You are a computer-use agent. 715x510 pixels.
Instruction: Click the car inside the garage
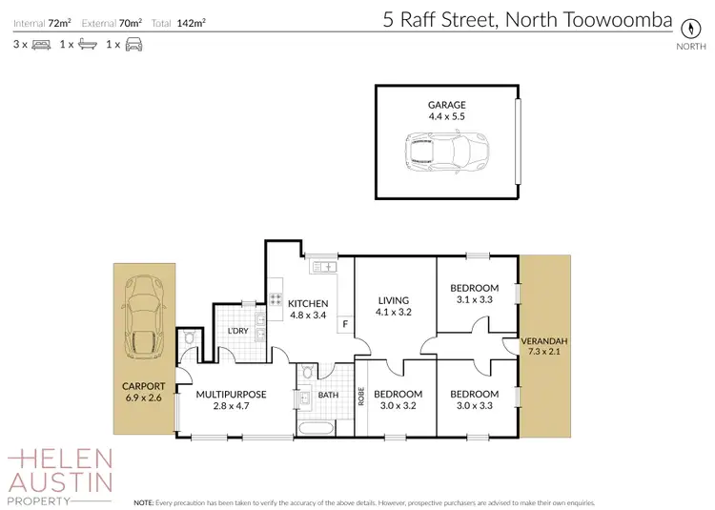[447, 151]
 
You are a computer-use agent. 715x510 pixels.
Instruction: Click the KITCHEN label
[309, 303]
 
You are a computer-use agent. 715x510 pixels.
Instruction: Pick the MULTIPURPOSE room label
[231, 394]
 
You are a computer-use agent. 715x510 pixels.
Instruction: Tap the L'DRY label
[237, 331]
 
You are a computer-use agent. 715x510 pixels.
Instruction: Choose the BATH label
[328, 394]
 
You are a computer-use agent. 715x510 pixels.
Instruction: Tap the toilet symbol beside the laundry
[190, 338]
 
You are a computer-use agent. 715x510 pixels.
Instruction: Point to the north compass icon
[684, 27]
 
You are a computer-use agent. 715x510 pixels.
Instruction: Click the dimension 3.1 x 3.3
[474, 300]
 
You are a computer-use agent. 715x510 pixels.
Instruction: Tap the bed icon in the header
[41, 45]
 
